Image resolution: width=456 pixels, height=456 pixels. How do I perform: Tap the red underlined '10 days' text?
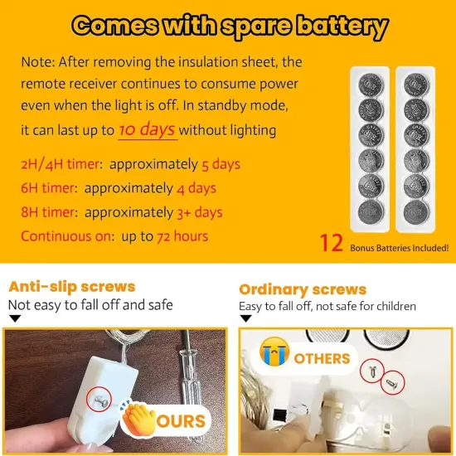pyautogui.click(x=147, y=130)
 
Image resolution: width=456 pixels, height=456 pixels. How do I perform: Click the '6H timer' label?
pyautogui.click(x=49, y=188)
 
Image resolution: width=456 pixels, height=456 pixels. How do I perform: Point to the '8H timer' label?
pyautogui.click(x=49, y=212)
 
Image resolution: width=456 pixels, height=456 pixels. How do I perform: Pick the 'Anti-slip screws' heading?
pyautogui.click(x=71, y=287)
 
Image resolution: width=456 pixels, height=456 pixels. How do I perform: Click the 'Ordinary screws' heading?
pyautogui.click(x=302, y=289)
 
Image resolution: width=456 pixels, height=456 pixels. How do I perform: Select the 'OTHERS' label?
pyautogui.click(x=322, y=358)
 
